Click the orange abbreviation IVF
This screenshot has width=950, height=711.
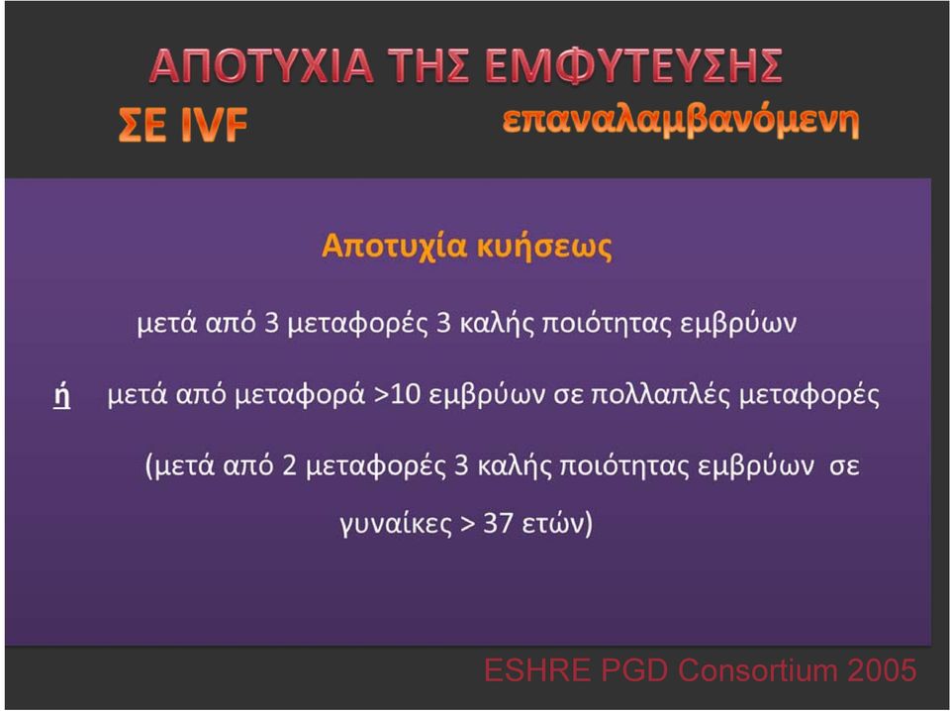[215, 126]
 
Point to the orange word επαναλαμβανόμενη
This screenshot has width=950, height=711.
[681, 121]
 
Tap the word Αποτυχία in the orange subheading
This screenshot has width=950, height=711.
[395, 247]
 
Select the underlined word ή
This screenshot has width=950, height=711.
[61, 396]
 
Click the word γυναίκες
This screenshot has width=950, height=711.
[396, 524]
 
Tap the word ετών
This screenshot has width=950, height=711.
[551, 524]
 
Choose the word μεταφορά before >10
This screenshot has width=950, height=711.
[300, 396]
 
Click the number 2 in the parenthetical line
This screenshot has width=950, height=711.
[289, 466]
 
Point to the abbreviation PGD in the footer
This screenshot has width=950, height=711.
[634, 670]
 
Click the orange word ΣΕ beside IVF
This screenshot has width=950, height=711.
[142, 126]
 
